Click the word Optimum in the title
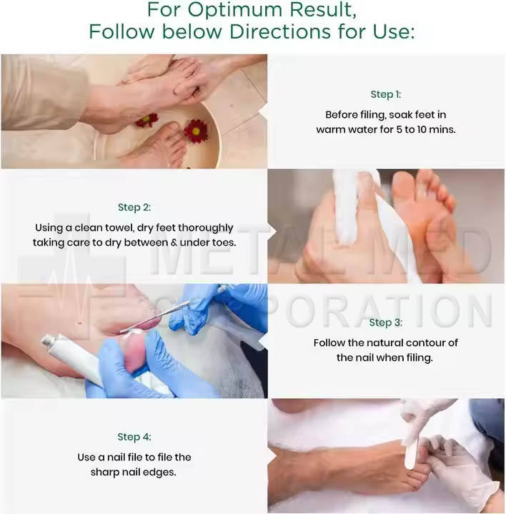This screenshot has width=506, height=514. point(234,10)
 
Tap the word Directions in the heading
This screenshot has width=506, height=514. point(280,32)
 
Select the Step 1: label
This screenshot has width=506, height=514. point(385,94)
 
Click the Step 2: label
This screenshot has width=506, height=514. point(134,207)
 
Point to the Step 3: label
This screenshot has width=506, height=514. point(385,323)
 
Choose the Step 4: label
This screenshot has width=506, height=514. point(134,437)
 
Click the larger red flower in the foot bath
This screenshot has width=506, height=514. point(196,131)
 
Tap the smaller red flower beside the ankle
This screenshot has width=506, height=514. point(147,120)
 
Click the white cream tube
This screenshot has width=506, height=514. point(70,358)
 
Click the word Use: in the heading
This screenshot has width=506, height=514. point(394,32)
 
